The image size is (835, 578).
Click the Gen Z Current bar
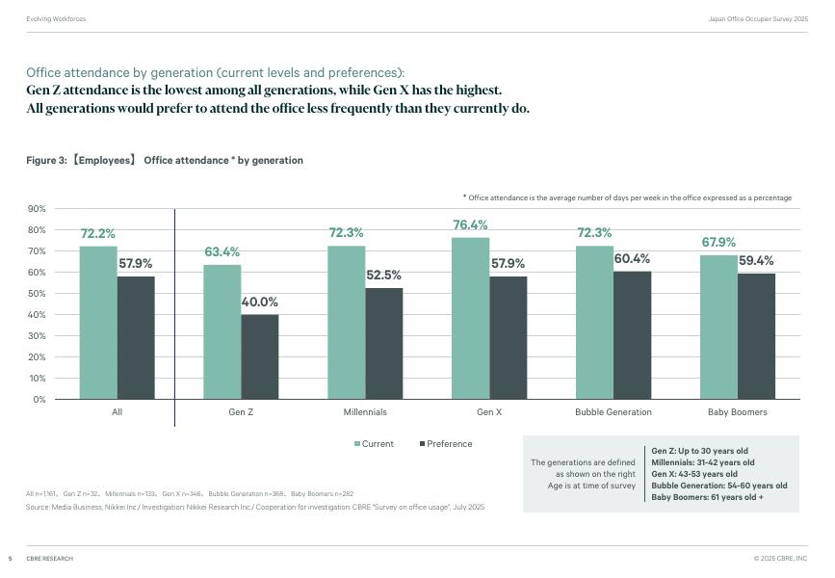point(222,331)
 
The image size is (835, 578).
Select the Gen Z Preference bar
point(259,356)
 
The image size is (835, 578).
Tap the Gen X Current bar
point(470,318)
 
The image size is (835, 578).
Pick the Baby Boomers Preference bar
point(756,336)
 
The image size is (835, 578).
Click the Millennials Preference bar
point(383,343)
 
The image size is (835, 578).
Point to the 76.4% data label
point(471,225)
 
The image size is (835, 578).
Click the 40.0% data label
point(259,302)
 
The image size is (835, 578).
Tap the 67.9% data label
point(718,243)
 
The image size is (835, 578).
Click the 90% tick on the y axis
point(37,209)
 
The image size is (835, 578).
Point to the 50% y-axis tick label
point(37,294)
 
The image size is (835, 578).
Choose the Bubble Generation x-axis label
point(613,412)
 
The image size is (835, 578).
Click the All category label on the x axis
point(117,412)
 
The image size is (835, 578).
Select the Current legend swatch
point(357,444)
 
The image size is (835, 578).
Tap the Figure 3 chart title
point(165,161)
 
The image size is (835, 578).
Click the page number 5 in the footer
point(10,559)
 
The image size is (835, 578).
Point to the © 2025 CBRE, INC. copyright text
point(780,559)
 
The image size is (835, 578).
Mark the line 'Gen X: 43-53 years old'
point(694,474)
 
